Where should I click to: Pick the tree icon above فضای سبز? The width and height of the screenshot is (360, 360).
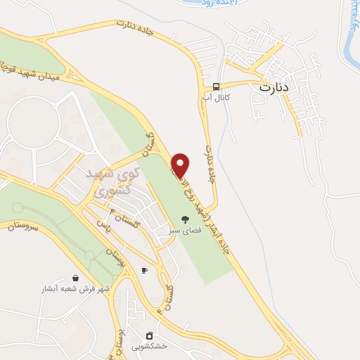(186, 219)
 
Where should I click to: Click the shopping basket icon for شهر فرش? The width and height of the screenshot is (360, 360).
(75, 278)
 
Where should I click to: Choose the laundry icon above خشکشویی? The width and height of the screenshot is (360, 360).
(149, 335)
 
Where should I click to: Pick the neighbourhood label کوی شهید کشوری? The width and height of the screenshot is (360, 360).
(112, 179)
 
